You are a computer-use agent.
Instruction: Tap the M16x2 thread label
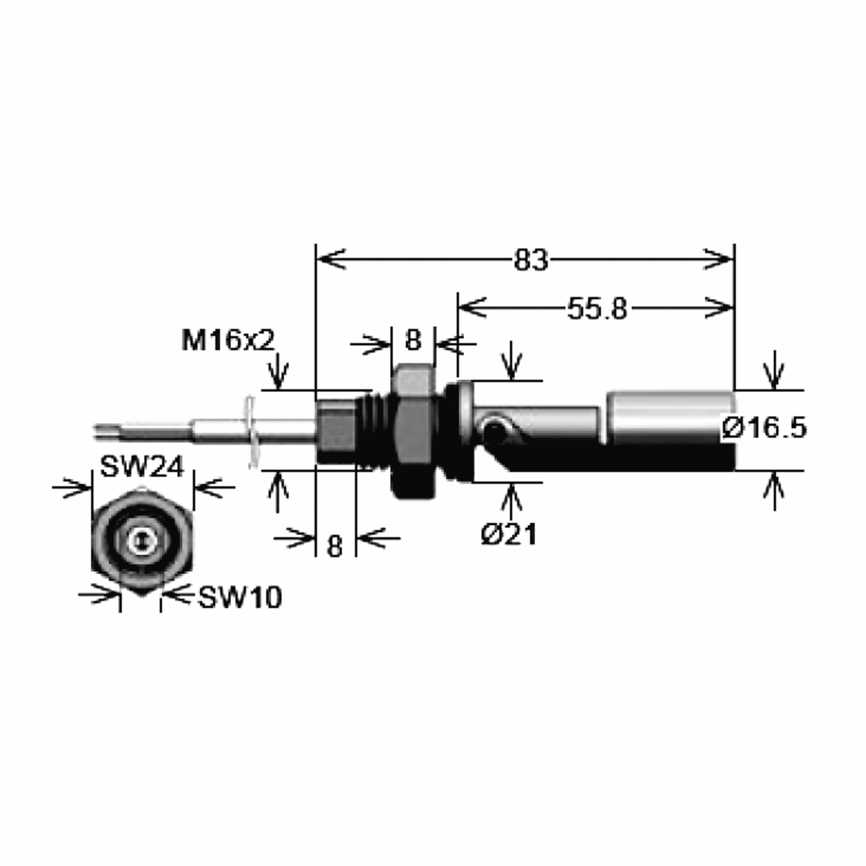coord(228,340)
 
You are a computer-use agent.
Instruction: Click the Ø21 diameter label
coord(509,535)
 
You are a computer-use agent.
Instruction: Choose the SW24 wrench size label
coord(142,467)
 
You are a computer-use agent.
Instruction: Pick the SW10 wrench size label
coord(240,598)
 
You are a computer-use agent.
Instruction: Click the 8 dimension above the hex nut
coord(413,340)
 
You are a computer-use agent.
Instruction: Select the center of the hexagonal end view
coord(143,542)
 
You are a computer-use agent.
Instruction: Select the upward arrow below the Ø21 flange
coord(512,498)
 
